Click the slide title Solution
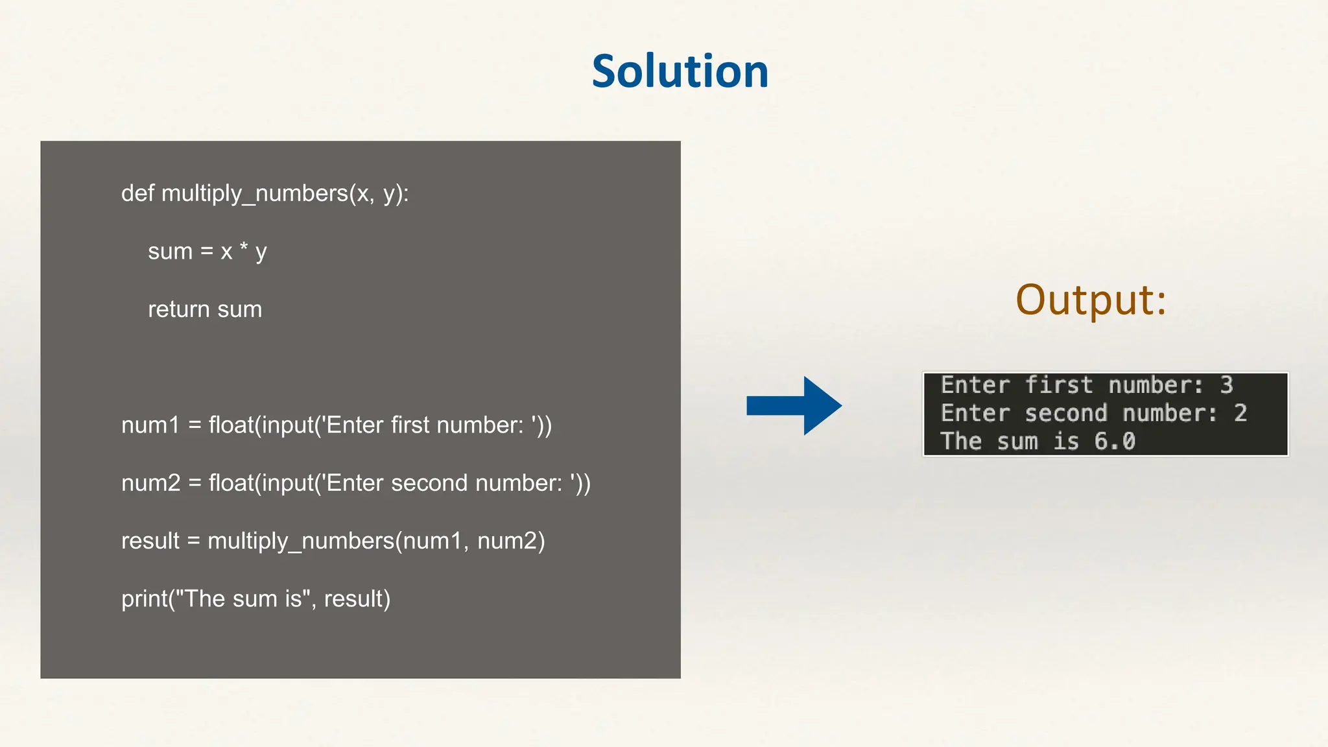(x=680, y=71)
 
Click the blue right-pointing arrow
(x=794, y=406)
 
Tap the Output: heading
(x=1091, y=300)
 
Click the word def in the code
(x=137, y=193)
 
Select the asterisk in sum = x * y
(x=244, y=248)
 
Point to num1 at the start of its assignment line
(x=150, y=425)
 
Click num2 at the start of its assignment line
(x=150, y=483)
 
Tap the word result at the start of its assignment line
(x=150, y=541)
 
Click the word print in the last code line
(x=144, y=599)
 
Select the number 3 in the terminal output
(x=1226, y=385)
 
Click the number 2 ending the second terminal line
(x=1240, y=413)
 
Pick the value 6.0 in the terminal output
(x=1115, y=442)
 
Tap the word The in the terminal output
(x=961, y=442)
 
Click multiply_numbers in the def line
(x=255, y=193)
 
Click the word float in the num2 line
(x=231, y=483)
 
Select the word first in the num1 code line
(x=410, y=425)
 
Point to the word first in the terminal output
(x=1059, y=385)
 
